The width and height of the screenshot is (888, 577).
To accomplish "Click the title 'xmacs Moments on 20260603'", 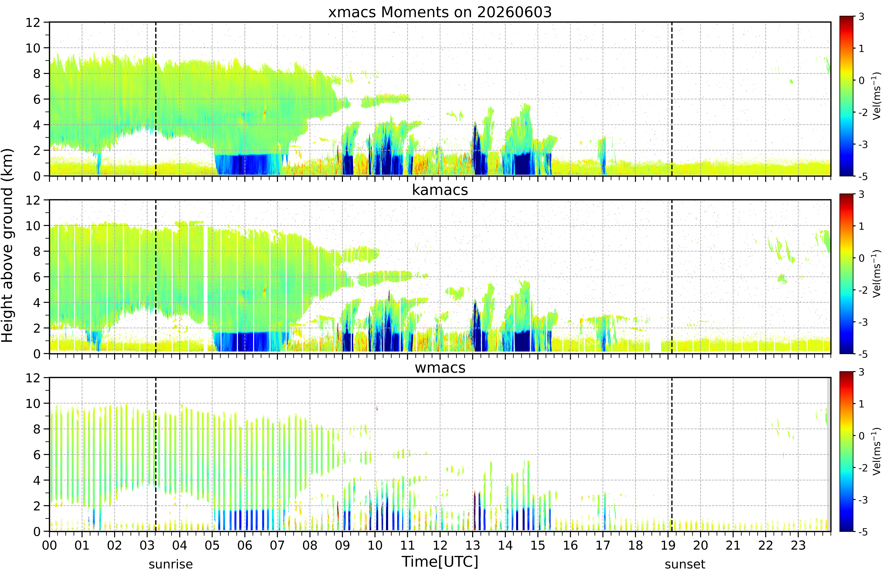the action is [440, 12].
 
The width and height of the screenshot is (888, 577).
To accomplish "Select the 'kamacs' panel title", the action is [440, 190].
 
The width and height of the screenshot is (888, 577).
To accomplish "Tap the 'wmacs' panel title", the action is [440, 368].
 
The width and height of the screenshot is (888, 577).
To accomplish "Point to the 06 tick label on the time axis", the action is [245, 546].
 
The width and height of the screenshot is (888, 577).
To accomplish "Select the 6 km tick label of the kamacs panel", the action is [37, 277].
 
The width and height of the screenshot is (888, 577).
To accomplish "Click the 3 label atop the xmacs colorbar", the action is [861, 17].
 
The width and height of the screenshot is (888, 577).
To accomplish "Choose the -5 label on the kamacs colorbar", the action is [863, 354].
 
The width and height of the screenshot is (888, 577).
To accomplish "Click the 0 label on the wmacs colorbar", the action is [861, 436].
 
